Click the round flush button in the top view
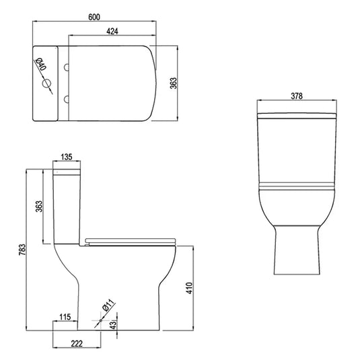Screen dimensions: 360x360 47,84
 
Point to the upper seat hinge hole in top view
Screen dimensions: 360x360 67,67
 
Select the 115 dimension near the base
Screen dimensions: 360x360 65,316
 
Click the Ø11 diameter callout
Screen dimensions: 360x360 107,307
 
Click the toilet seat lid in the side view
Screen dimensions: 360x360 131,239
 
